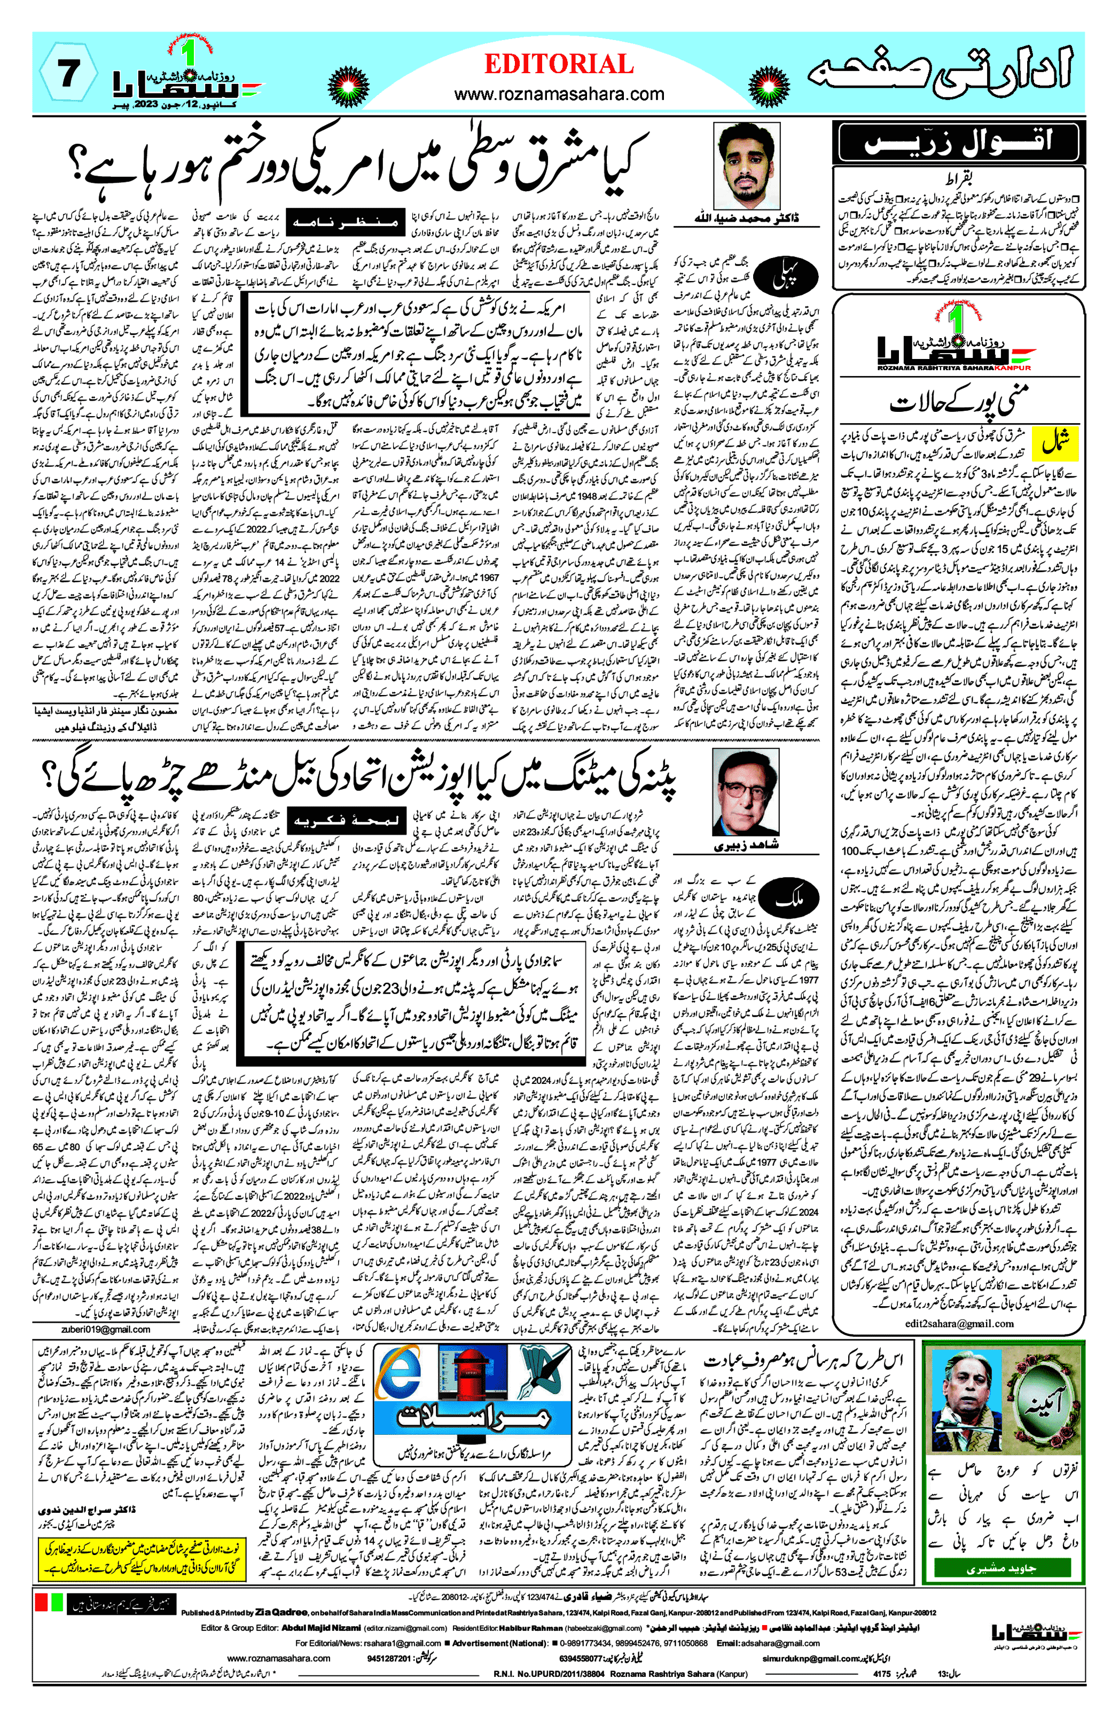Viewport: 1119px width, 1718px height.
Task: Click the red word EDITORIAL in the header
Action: click(559, 64)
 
